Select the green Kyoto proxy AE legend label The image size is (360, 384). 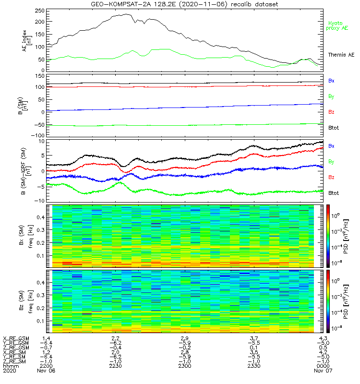coord(337,25)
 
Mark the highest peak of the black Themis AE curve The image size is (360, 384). coord(126,14)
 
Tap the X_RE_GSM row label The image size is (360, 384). coord(16,338)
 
